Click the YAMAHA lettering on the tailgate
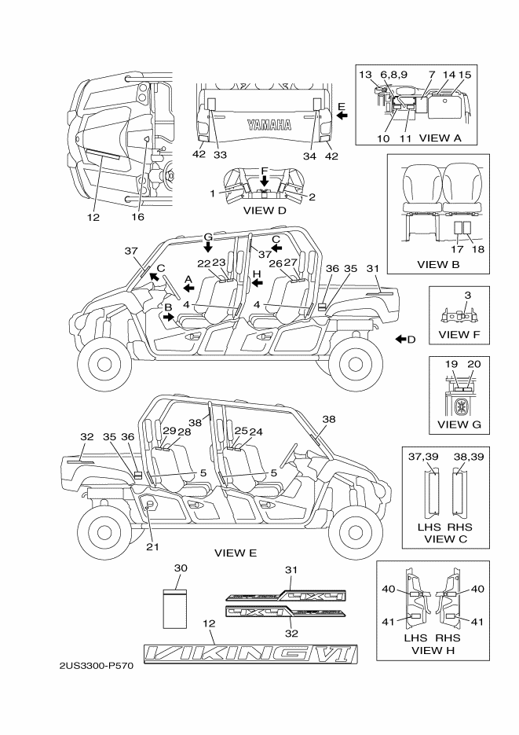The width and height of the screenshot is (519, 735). pyautogui.click(x=269, y=124)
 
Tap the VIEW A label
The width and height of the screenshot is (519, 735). pyautogui.click(x=444, y=138)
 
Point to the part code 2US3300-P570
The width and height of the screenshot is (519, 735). pyautogui.click(x=97, y=666)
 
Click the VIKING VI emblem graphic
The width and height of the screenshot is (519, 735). pyautogui.click(x=250, y=653)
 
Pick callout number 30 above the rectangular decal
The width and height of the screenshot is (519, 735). pyautogui.click(x=180, y=568)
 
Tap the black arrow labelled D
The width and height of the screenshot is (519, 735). pyautogui.click(x=400, y=339)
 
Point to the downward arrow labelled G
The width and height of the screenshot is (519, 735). pyautogui.click(x=209, y=248)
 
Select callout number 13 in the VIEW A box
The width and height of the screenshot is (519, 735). pyautogui.click(x=367, y=74)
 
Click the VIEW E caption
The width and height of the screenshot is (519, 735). pyautogui.click(x=236, y=553)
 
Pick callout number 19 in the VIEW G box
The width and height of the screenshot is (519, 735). pyautogui.click(x=451, y=366)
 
